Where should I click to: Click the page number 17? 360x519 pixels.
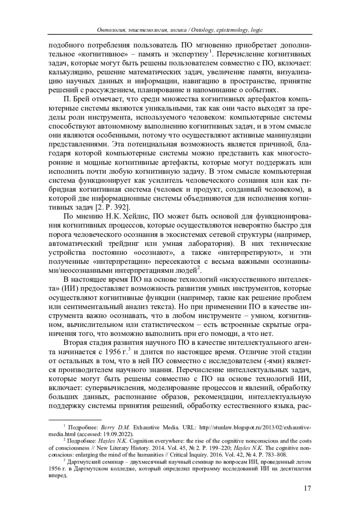307,497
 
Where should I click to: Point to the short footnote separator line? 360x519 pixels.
75,420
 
